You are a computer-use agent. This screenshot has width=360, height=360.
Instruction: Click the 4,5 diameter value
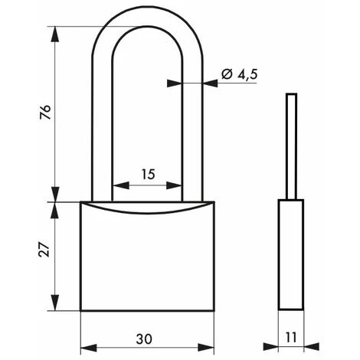(x=244, y=74)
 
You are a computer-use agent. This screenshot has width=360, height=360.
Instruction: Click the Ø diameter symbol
(x=227, y=74)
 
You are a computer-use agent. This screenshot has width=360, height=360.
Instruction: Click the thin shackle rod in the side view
(x=290, y=146)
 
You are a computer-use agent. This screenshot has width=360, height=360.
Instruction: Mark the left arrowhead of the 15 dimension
(x=117, y=186)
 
